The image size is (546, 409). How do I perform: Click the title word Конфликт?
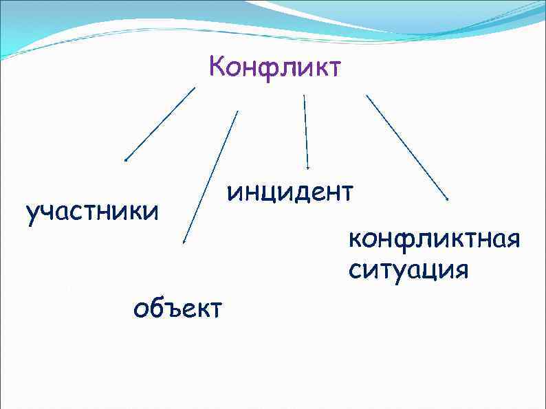pyautogui.click(x=274, y=68)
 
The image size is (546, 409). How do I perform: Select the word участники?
pyautogui.click(x=91, y=213)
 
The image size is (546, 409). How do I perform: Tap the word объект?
pyautogui.click(x=178, y=309)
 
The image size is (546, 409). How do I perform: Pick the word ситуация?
pyautogui.click(x=408, y=269)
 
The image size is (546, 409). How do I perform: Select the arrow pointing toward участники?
pyautogui.click(x=160, y=124)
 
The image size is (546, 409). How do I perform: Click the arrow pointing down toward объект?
pyautogui.click(x=210, y=177)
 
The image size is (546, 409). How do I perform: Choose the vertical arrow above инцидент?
pyautogui.click(x=306, y=131)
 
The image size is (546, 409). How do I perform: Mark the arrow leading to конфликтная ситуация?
pyautogui.click(x=406, y=146)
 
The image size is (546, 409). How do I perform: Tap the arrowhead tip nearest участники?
pyautogui.click(x=125, y=161)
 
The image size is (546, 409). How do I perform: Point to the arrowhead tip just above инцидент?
pyautogui.click(x=308, y=168)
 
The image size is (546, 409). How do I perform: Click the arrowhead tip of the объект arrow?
pyautogui.click(x=184, y=243)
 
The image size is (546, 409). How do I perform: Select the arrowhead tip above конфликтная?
pyautogui.click(x=448, y=199)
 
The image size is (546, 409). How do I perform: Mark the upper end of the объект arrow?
pyautogui.click(x=237, y=111)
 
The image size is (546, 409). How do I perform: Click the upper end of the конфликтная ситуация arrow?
pyautogui.click(x=367, y=95)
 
